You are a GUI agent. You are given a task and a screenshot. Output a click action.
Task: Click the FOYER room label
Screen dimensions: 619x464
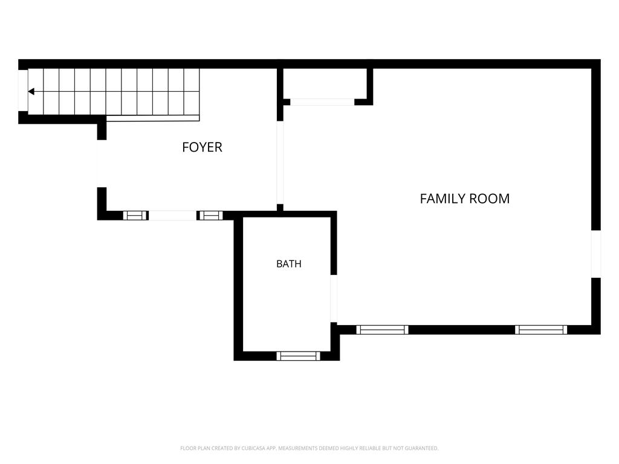click(202, 147)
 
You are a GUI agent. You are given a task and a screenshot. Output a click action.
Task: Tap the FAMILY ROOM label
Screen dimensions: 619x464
click(465, 198)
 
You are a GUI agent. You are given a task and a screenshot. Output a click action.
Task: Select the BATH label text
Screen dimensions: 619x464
click(289, 263)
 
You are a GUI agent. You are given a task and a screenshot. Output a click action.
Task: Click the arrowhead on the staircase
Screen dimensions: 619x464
click(31, 92)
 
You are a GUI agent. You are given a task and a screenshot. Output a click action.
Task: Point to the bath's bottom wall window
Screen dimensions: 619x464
click(298, 356)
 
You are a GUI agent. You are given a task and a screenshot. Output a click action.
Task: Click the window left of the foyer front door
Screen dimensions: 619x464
click(135, 216)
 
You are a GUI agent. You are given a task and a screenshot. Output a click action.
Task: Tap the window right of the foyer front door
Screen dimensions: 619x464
click(210, 216)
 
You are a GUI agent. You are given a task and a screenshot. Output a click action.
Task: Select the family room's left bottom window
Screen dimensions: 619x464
click(382, 330)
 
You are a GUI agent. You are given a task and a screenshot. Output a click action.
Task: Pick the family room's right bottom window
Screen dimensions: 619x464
click(541, 330)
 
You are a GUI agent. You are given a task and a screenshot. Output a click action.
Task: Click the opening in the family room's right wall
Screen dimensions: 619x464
click(595, 254)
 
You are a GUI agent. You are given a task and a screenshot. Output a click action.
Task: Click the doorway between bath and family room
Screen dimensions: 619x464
click(334, 298)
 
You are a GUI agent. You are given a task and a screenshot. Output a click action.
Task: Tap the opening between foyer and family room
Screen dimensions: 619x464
click(280, 162)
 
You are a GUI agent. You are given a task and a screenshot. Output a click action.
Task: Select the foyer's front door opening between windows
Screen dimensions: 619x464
click(172, 216)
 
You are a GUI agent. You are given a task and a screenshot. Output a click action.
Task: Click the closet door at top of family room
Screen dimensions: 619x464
click(322, 101)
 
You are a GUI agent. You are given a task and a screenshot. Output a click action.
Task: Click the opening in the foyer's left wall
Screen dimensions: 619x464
click(102, 164)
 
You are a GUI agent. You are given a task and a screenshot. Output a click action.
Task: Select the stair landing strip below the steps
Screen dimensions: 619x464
click(153, 118)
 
